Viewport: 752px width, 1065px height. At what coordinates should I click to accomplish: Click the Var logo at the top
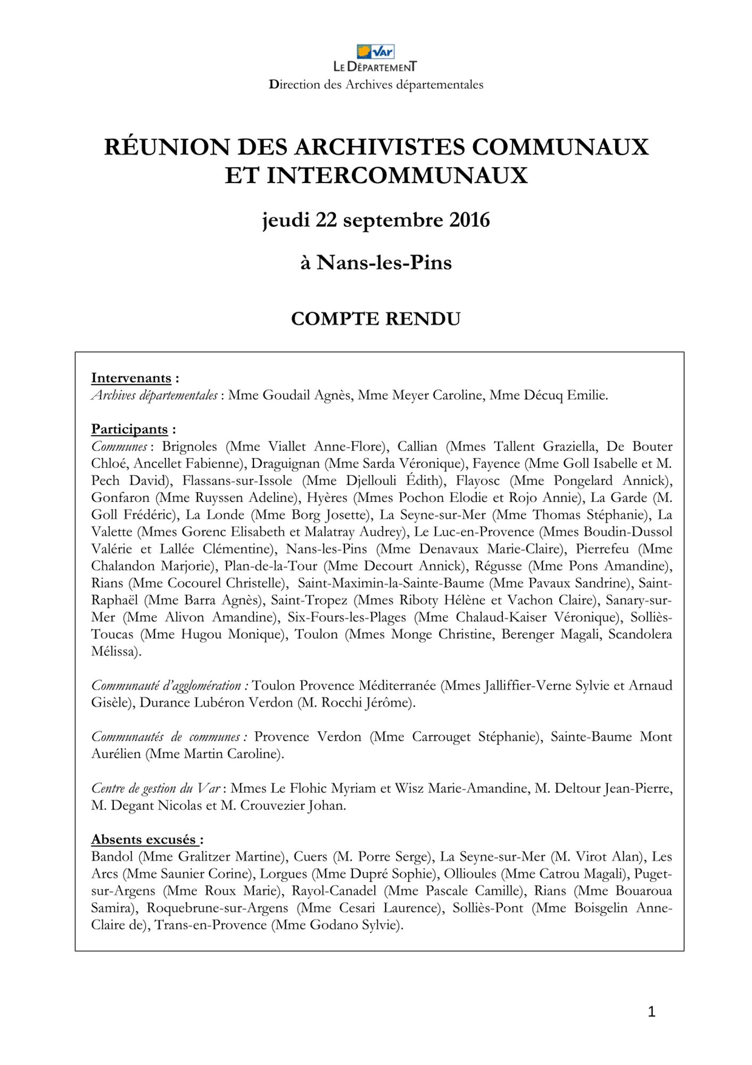[376, 52]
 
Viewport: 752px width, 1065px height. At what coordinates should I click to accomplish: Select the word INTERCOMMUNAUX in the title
[396, 176]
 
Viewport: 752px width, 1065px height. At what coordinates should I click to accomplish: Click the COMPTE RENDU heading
[376, 319]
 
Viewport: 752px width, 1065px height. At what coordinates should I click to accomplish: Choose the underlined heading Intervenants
[131, 378]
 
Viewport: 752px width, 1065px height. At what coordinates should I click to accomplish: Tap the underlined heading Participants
[129, 429]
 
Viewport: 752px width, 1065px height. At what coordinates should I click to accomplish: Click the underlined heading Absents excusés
[144, 840]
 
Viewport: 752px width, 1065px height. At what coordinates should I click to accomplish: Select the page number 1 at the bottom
[651, 1012]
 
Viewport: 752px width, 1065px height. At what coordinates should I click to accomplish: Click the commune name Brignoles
[189, 447]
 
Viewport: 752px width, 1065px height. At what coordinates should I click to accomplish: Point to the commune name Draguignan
[285, 464]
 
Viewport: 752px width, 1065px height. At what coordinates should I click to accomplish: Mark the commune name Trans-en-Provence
[210, 925]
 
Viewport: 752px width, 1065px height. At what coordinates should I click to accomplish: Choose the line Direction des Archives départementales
[376, 85]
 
